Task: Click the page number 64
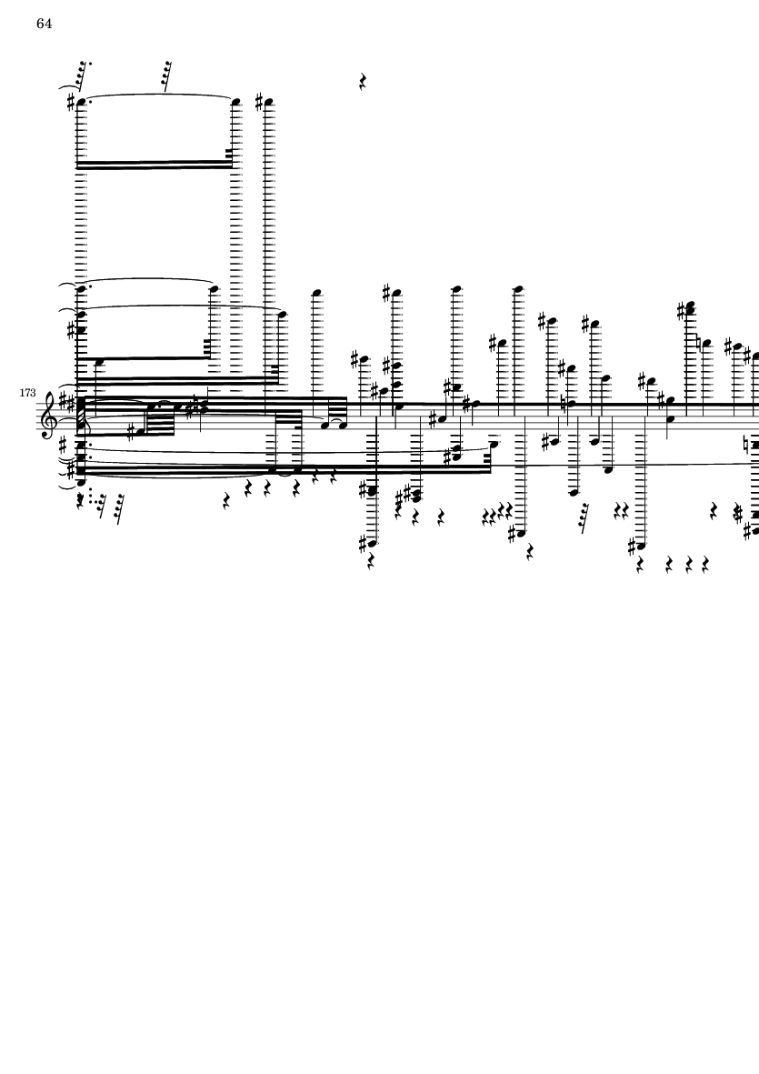pos(45,24)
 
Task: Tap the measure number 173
pos(27,393)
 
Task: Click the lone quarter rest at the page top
pos(363,82)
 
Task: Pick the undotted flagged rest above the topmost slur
pos(166,75)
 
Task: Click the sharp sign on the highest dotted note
pos(71,103)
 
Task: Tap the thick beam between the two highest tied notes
pos(154,165)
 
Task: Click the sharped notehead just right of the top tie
pos(267,104)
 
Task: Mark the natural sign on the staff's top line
pos(563,403)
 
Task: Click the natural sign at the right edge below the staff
pos(749,446)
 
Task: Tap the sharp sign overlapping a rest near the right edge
pos(738,514)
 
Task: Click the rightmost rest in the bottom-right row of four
pos(705,565)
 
